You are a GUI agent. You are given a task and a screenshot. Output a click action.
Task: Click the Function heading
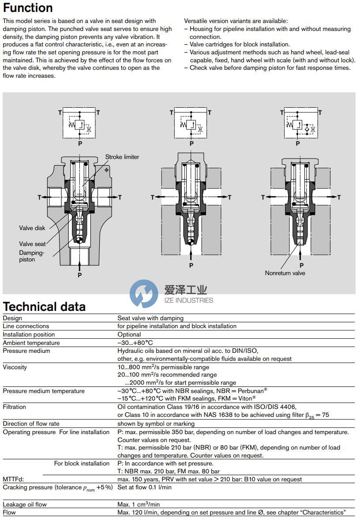pyautogui.click(x=28, y=8)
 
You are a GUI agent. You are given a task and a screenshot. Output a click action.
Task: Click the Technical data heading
pyautogui.click(x=44, y=306)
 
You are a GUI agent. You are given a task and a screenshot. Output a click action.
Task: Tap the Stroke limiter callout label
pyautogui.click(x=122, y=157)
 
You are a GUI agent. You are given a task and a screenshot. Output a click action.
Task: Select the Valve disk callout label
pyautogui.click(x=32, y=228)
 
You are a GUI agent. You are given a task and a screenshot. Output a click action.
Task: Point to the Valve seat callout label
pyautogui.click(x=32, y=244)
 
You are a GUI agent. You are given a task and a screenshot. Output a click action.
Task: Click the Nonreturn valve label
pyautogui.click(x=285, y=273)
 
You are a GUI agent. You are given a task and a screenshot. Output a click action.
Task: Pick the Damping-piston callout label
pyautogui.click(x=32, y=256)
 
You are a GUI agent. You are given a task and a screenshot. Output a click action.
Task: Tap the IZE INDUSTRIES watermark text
pyautogui.click(x=188, y=300)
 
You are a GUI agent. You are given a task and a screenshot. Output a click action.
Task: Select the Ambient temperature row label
pyautogui.click(x=31, y=343)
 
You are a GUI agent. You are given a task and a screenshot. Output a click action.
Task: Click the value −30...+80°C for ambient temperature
pyautogui.click(x=135, y=343)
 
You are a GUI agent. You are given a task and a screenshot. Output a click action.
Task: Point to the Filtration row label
pyautogui.click(x=15, y=407)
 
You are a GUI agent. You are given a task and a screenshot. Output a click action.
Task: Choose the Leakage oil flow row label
pyautogui.click(x=25, y=504)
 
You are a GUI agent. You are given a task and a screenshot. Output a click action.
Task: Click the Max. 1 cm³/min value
pyautogui.click(x=139, y=504)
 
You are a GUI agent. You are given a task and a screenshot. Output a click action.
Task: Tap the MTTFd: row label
pyautogui.click(x=13, y=479)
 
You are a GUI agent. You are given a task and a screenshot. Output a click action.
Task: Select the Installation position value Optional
pyautogui.click(x=129, y=334)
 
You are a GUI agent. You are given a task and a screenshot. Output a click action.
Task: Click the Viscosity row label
pyautogui.click(x=15, y=367)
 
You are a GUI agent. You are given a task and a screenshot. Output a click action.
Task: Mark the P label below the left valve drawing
pyautogui.click(x=80, y=275)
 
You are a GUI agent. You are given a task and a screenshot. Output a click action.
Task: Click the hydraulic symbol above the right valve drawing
pyautogui.click(x=299, y=125)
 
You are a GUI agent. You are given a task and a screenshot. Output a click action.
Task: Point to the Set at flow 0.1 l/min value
pyautogui.click(x=144, y=487)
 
